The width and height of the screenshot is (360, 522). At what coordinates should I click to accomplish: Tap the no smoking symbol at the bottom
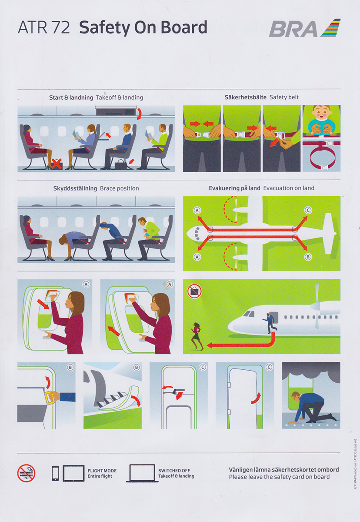(x=26, y=473)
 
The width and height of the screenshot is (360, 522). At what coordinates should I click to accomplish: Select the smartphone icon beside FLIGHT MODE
(x=55, y=473)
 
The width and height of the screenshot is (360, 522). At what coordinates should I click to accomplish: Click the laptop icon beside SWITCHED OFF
(x=142, y=473)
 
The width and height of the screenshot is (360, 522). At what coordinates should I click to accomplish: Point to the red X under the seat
(x=55, y=164)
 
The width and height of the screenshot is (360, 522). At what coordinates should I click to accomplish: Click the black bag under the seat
(x=120, y=164)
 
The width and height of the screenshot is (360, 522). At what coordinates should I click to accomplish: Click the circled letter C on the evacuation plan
(x=308, y=211)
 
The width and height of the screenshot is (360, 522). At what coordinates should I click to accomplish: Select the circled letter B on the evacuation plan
(x=308, y=257)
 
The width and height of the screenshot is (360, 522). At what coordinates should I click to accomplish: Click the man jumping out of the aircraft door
(x=270, y=322)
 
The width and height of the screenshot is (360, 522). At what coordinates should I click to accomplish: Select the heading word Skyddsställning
(x=72, y=188)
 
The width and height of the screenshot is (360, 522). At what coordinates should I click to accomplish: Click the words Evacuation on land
(x=289, y=188)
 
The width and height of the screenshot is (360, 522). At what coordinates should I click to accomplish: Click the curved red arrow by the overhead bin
(x=139, y=114)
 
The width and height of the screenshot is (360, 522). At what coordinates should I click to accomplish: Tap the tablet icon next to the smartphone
(x=73, y=473)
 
